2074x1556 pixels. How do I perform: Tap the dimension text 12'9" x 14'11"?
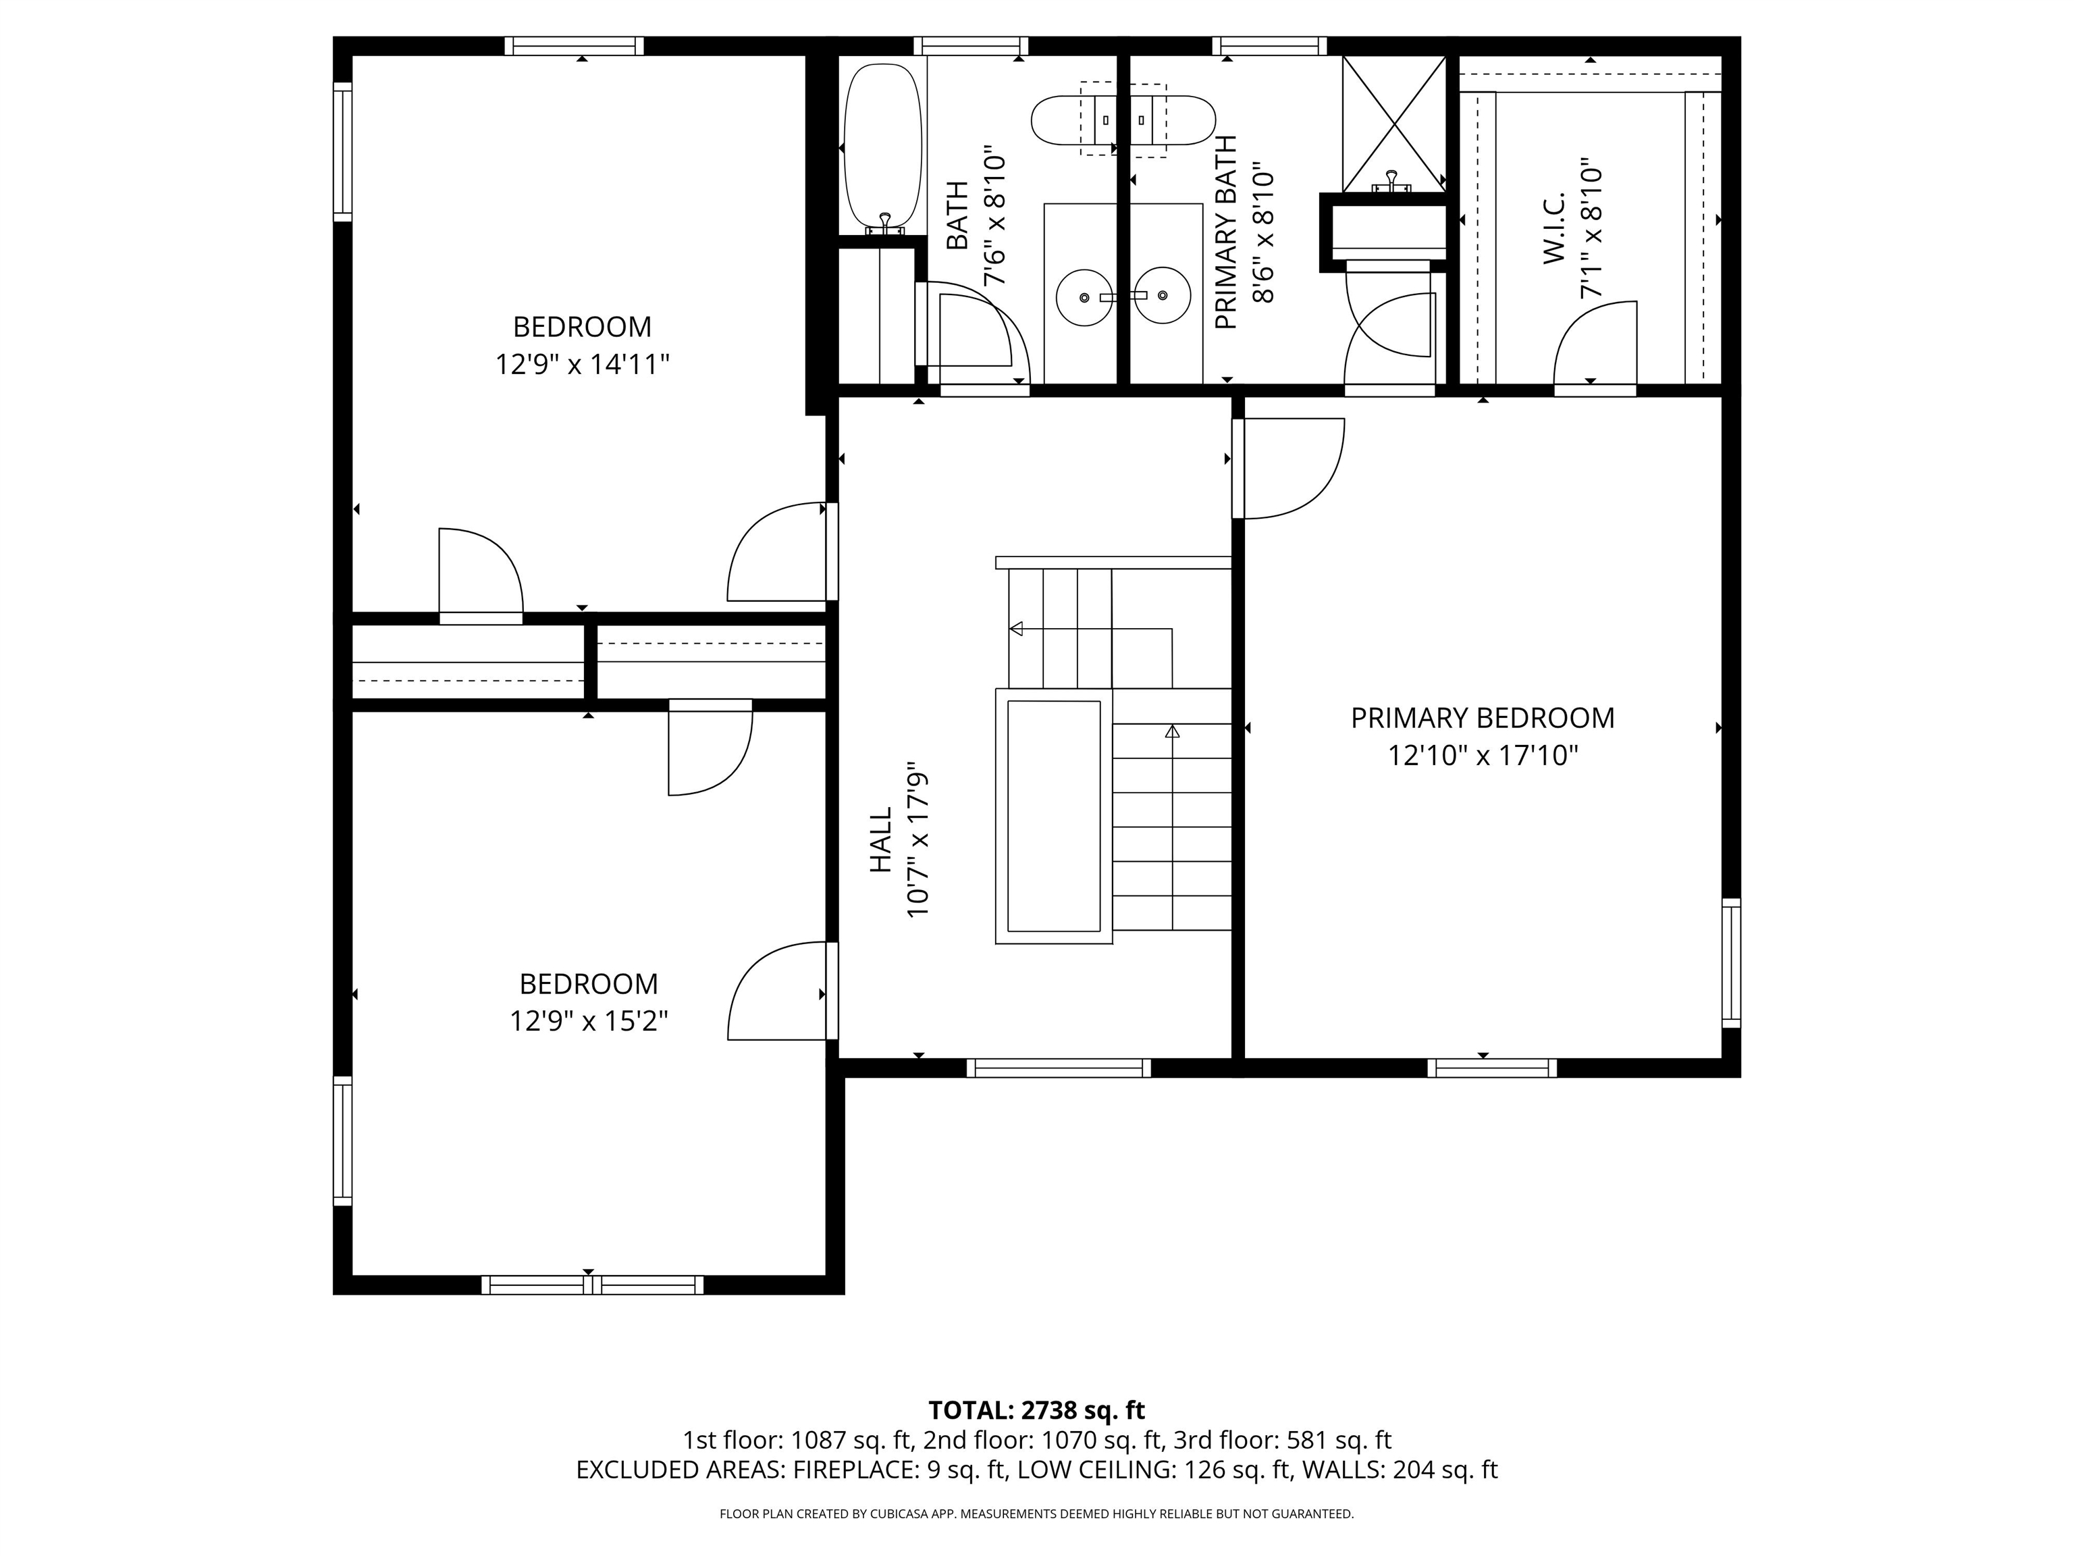coord(581,364)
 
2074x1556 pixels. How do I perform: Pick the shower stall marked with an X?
coord(1394,122)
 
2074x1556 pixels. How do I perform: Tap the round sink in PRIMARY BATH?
coord(1163,295)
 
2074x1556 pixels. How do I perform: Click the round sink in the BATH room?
coord(1084,297)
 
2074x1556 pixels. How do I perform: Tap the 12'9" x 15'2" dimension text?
coord(588,1020)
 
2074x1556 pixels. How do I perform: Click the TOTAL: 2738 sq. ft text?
coord(1036,1409)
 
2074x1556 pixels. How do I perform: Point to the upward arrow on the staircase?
coord(1172,731)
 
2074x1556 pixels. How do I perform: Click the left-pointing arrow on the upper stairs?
coord(1016,628)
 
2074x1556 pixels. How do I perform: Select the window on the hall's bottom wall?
coord(1058,1067)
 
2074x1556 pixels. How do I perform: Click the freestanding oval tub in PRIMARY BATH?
coord(1122,120)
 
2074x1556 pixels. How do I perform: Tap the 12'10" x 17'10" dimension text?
coord(1483,755)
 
